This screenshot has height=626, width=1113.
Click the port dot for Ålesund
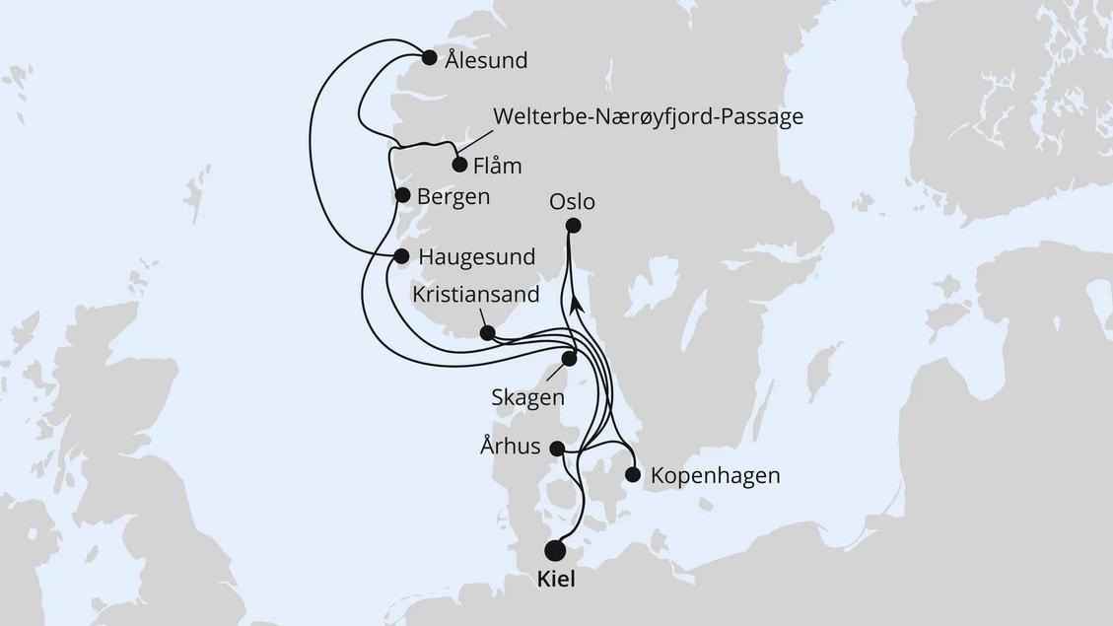pos(429,57)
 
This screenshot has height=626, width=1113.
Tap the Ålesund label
pos(486,61)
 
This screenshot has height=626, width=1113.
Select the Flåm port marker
pos(459,165)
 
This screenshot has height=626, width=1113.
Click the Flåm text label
pos(498,166)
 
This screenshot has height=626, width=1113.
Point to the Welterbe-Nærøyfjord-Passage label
pos(648,117)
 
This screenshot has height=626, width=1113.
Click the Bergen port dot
pos(402,195)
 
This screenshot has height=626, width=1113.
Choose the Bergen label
pos(453,197)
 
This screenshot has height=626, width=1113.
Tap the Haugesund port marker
pos(401,256)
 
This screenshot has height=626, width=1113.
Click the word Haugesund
pos(477,257)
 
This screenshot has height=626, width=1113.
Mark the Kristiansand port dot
pos(487,333)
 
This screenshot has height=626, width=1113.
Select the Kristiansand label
pos(476,295)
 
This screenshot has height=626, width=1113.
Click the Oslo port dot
pos(573,226)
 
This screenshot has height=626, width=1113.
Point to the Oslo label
pos(573,202)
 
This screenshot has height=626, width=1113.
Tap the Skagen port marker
pos(569,359)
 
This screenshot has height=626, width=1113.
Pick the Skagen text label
pos(527,398)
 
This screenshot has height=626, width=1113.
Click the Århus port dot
pos(556,448)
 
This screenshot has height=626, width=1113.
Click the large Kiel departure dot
pos(556,550)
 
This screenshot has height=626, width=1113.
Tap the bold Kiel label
pos(556,583)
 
